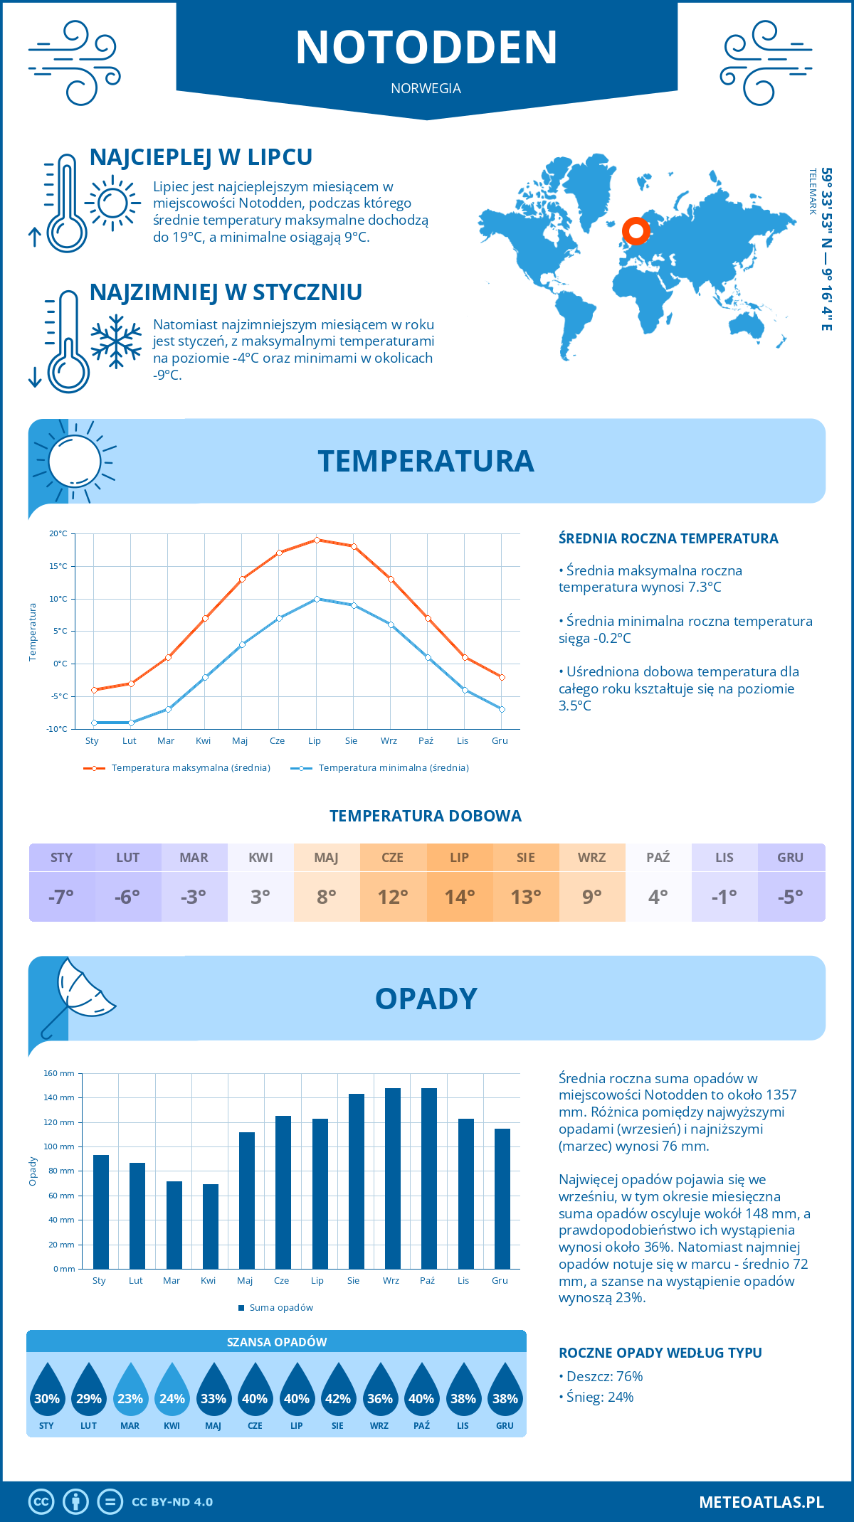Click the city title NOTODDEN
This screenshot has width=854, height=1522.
click(426, 48)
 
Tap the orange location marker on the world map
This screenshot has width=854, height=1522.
click(636, 231)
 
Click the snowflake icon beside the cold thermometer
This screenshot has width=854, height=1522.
click(116, 342)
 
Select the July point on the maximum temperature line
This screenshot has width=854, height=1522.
click(317, 540)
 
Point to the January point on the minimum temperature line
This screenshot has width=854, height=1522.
click(94, 723)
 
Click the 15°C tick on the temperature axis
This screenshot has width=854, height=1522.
click(58, 566)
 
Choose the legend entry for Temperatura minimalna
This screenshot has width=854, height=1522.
click(381, 768)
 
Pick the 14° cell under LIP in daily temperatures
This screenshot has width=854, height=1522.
click(460, 897)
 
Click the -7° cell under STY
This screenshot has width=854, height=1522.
click(61, 897)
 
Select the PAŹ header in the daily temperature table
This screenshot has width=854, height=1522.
click(658, 858)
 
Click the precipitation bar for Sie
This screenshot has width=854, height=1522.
click(357, 1181)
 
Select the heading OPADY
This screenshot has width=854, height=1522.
click(426, 999)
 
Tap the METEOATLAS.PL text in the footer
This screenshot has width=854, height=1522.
click(761, 1502)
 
